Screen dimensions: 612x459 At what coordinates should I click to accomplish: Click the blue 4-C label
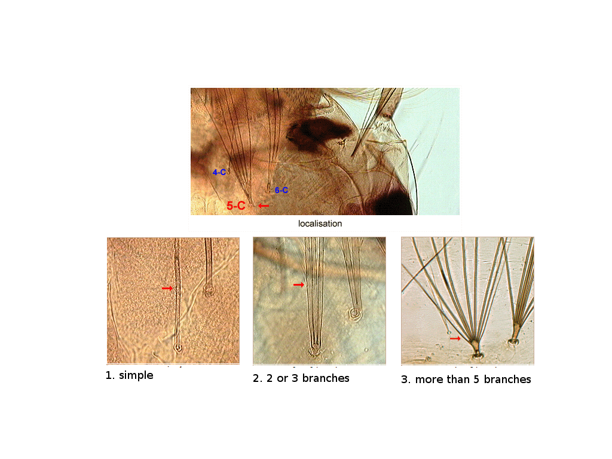(219, 172)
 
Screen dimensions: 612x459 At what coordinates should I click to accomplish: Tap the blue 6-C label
(281, 190)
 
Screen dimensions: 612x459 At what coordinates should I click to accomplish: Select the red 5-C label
(235, 206)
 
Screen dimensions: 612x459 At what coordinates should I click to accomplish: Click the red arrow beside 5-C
(264, 206)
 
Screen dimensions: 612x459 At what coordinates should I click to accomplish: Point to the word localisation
(320, 224)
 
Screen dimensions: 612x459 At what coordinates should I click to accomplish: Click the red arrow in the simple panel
(167, 289)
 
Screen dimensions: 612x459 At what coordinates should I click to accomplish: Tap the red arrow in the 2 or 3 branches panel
(299, 285)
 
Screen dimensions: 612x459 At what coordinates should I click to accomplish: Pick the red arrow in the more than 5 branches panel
(455, 338)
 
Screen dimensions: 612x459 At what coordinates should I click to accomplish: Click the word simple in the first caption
(136, 375)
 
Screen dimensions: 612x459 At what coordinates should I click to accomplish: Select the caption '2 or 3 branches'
(308, 378)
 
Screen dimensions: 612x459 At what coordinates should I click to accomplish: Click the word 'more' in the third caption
(429, 380)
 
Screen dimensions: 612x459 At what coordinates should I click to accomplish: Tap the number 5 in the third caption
(476, 380)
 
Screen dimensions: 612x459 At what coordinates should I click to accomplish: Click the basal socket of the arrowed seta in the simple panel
(178, 347)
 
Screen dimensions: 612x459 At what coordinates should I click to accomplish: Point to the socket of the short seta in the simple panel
(209, 290)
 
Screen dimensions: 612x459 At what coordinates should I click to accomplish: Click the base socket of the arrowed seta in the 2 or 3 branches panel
(314, 350)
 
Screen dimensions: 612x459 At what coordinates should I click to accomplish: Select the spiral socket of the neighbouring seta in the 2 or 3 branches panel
(355, 313)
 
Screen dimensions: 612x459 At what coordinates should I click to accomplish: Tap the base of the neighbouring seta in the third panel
(513, 342)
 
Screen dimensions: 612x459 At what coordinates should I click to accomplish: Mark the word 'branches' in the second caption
(326, 378)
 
